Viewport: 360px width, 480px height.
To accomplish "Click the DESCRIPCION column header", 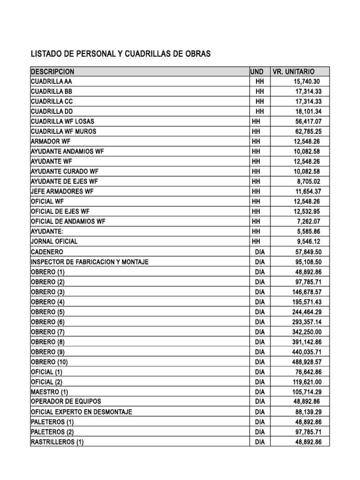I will pos(52,72).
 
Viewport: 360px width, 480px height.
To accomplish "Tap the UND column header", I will pos(257,72).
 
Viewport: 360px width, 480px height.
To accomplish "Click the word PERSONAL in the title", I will pos(88,54).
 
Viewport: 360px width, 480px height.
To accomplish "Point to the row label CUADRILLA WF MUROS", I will pos(63,131).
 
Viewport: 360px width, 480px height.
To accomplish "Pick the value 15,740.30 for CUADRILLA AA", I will pos(307,82).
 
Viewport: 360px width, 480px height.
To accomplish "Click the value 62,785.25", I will pos(307,131).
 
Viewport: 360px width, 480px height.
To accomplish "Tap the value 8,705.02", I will pos(309,181).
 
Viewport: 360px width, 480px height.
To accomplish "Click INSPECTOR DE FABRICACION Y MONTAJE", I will pos(90,262).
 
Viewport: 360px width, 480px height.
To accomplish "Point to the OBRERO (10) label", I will pos(49,362).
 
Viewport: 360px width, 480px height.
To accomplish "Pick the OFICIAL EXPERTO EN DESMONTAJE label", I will pos(81,412).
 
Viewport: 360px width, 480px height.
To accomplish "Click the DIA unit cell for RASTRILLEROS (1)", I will pos(260,442).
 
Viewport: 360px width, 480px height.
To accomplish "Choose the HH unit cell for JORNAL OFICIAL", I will pos(256,241).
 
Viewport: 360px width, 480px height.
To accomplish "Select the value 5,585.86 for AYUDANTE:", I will pos(309,232).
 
